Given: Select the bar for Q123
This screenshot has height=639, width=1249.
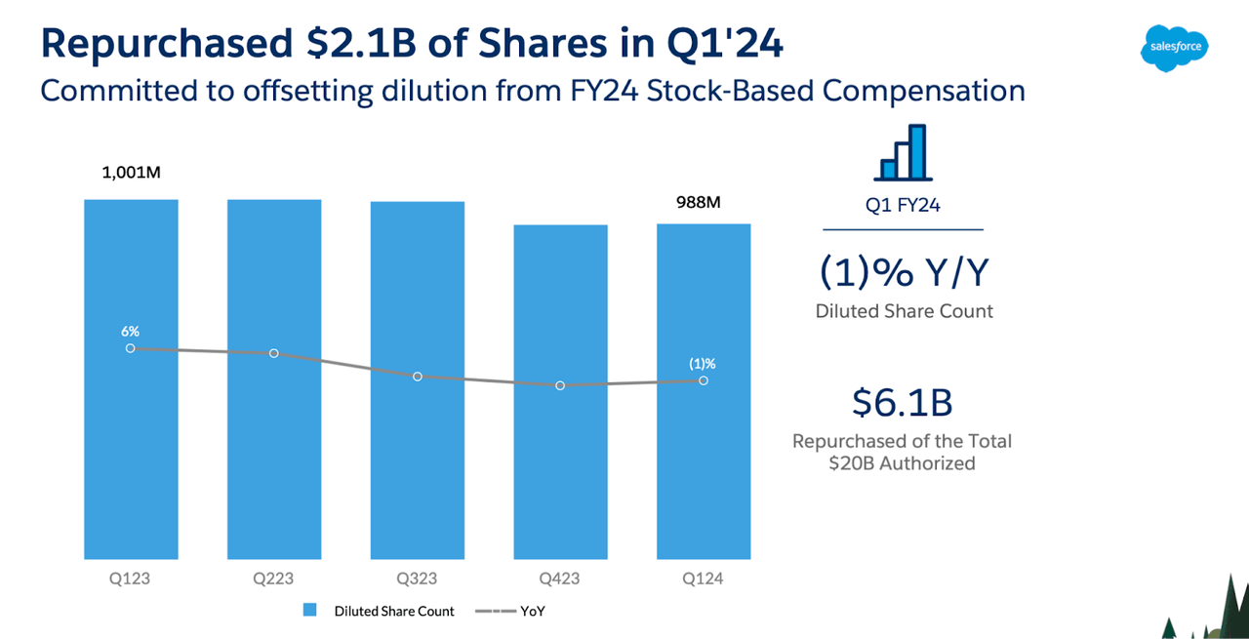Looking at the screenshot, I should pos(131,449).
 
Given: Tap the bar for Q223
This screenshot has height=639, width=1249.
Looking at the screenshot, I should pos(274,449).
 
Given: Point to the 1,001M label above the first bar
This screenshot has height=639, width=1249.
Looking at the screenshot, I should pos(131,174).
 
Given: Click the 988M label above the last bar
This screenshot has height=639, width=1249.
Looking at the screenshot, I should pos(698,203).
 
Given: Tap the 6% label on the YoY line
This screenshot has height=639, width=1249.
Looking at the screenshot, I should pos(131,332).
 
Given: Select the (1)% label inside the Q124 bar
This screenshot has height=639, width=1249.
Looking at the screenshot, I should pos(703,364).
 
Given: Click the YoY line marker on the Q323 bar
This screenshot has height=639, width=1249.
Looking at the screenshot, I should pos(418,377).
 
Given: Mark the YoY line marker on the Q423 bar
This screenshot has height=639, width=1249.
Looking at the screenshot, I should pos(560,385).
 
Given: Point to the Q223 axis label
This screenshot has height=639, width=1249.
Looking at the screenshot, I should pos(274,579).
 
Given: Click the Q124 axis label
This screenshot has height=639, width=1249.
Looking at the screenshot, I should pos(704,579).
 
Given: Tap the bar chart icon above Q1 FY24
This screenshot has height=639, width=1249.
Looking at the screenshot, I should pos(904,153).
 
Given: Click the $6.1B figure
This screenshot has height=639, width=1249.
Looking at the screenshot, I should pos(902,403).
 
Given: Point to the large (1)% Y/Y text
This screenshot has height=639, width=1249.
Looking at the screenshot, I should pos(903,274).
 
